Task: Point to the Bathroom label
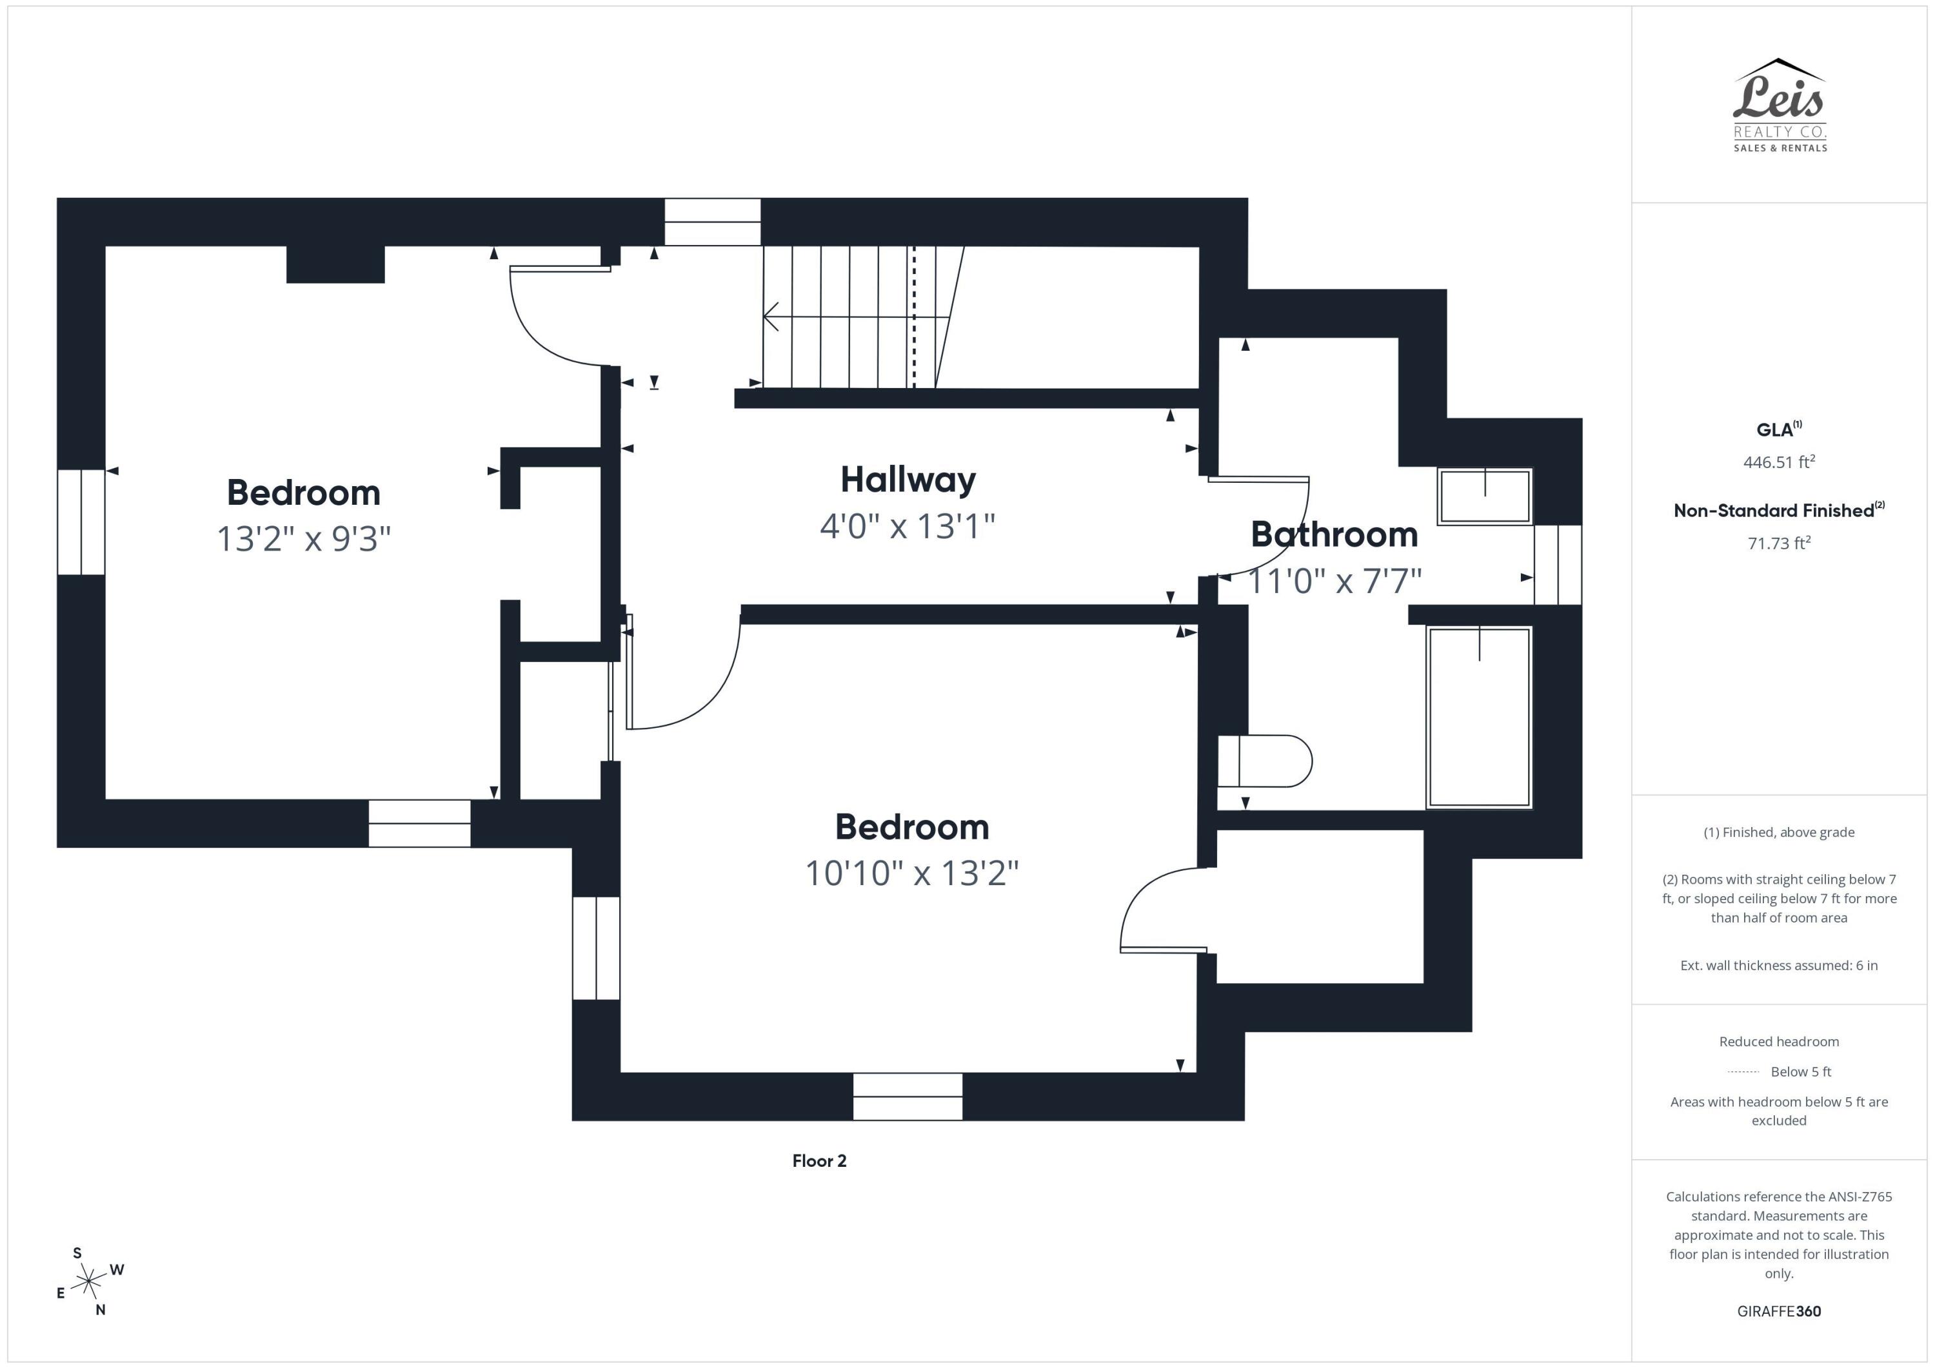tap(1333, 534)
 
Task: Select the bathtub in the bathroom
tap(1478, 717)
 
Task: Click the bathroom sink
tap(1484, 497)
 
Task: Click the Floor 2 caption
tap(819, 1161)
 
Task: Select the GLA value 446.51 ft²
tap(1778, 462)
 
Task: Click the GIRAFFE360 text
tap(1778, 1311)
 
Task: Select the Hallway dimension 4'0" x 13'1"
tap(907, 527)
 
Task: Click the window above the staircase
tap(712, 222)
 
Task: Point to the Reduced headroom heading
tap(1778, 1042)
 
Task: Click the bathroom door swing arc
tap(1289, 539)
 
